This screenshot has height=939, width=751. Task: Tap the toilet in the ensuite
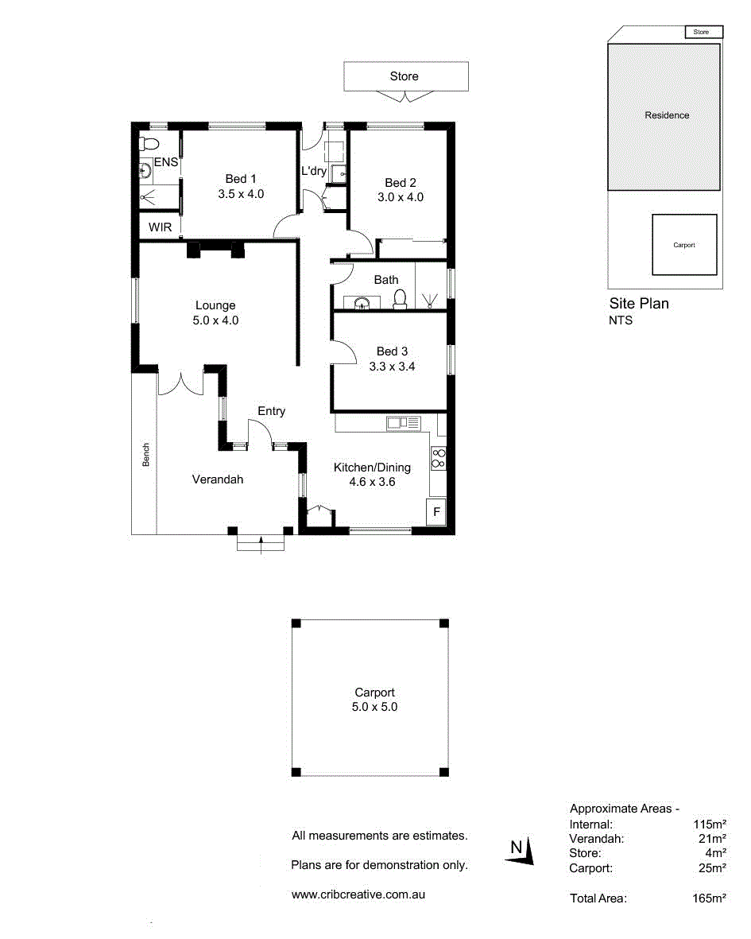(x=149, y=144)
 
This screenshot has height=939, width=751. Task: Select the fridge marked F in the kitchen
(x=436, y=511)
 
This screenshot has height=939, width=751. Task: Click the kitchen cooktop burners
(x=438, y=458)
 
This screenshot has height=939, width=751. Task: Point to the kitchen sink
(x=404, y=424)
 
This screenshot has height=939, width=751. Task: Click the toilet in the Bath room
(x=400, y=299)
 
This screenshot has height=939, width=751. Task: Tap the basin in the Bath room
(x=362, y=303)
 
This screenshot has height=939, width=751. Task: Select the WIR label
(x=160, y=227)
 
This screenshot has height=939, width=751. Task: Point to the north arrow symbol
(x=520, y=852)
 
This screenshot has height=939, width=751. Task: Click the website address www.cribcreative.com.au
(x=358, y=894)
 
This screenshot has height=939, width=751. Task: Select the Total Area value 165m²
(x=709, y=898)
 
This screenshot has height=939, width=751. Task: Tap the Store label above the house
(x=404, y=76)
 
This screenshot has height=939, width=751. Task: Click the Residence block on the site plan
(x=664, y=117)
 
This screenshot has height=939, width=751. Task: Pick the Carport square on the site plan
(x=684, y=244)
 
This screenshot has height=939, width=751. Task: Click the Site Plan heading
(x=639, y=303)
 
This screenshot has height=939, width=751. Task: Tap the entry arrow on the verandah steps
(x=261, y=545)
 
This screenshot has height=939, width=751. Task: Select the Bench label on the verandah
(x=146, y=455)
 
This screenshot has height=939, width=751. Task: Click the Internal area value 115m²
(x=710, y=824)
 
